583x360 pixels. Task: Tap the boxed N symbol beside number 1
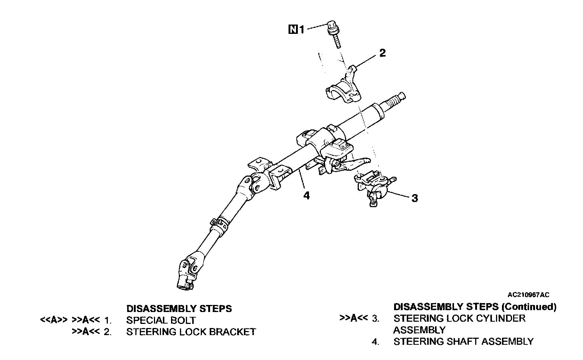[293, 29]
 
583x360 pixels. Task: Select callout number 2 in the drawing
[382, 53]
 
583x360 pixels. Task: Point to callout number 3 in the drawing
[415, 198]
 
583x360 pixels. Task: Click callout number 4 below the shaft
[306, 195]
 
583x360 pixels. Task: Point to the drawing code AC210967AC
[528, 295]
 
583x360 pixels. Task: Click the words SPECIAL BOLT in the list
[161, 320]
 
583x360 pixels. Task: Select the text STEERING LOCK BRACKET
[191, 332]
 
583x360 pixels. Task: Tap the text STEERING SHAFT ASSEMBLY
[463, 341]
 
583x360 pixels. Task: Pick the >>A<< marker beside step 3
[354, 318]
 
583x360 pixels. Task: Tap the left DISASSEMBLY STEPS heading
[179, 309]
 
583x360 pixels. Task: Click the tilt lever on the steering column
[357, 163]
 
